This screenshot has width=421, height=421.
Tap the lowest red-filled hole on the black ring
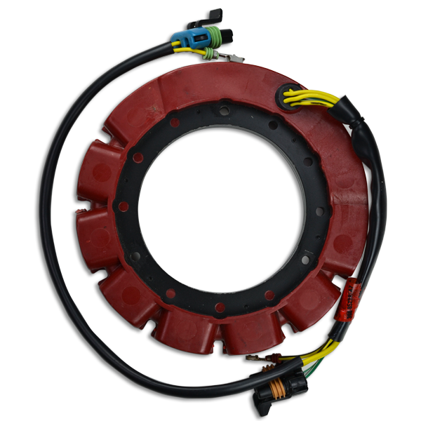220,307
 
